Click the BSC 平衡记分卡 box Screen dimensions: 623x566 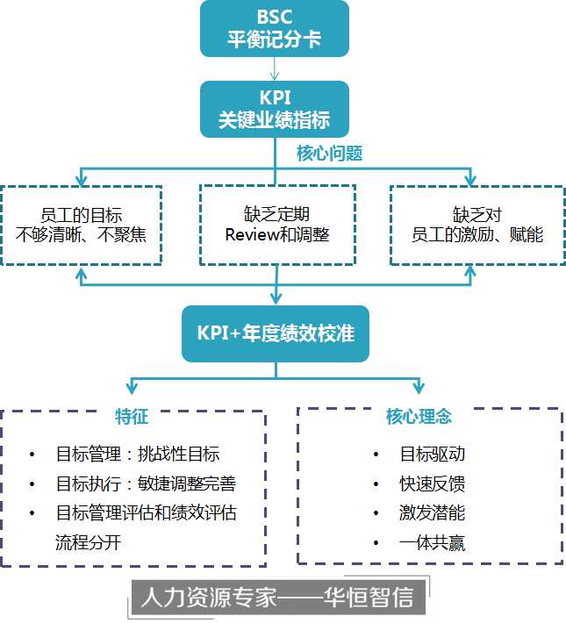coord(274,29)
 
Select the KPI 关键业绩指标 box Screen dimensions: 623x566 coord(274,108)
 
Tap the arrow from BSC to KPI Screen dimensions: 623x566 coord(275,68)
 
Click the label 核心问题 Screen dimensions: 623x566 coord(329,153)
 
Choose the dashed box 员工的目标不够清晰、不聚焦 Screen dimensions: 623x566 coord(82,225)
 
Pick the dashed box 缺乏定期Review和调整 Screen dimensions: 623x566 coord(277,225)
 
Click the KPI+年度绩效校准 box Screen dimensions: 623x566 coord(276,333)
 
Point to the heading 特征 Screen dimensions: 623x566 coord(132,417)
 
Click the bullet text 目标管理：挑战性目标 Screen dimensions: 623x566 coord(138,454)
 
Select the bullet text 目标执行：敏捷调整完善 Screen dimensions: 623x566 coord(146,483)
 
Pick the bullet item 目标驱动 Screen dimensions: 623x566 coord(432,454)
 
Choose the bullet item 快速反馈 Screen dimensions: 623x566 coord(432,483)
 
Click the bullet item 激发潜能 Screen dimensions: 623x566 coord(432,513)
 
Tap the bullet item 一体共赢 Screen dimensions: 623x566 coord(432,543)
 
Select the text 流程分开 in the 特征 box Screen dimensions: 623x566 coord(88,542)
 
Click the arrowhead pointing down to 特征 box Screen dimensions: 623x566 coord(132,388)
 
